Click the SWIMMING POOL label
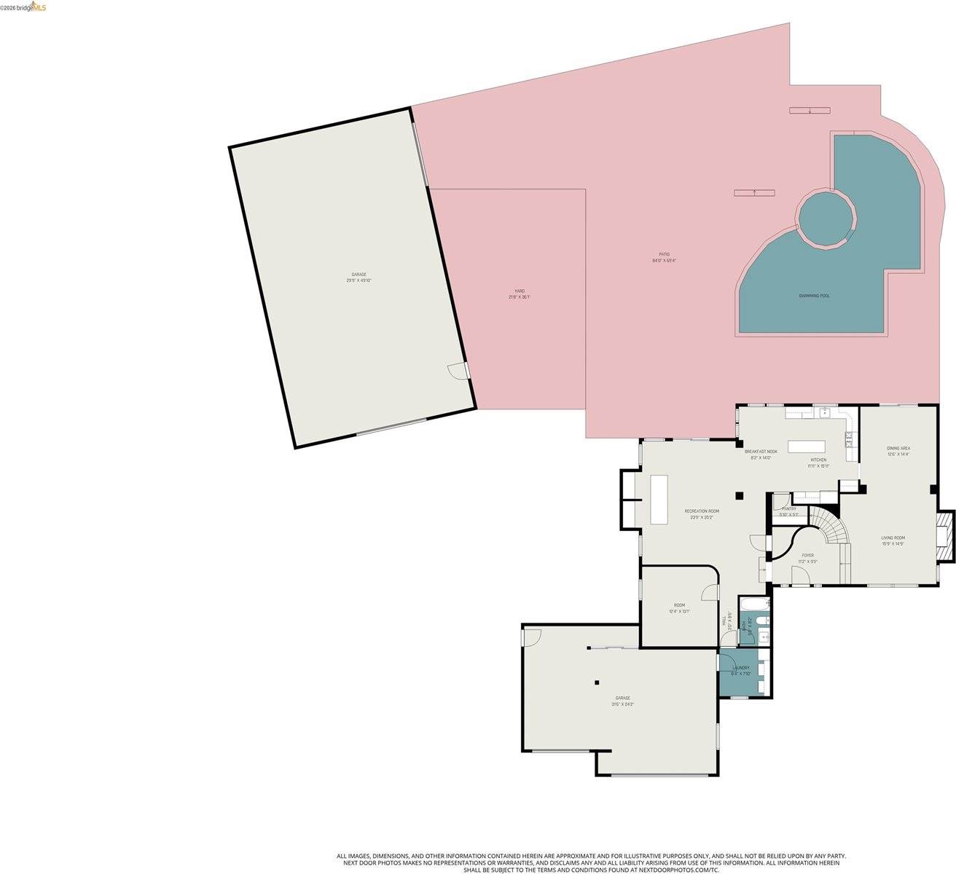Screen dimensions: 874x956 [x=814, y=296]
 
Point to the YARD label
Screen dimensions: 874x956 [x=520, y=291]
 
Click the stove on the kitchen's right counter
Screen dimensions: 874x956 [x=848, y=438]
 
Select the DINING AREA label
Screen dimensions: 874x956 [x=898, y=448]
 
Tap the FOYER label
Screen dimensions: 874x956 [x=808, y=555]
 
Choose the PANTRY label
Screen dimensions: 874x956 [x=789, y=509]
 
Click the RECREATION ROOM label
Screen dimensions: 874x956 [x=702, y=511]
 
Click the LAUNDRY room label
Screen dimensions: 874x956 [x=741, y=668]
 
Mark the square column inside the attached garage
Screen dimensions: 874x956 [x=597, y=682]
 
